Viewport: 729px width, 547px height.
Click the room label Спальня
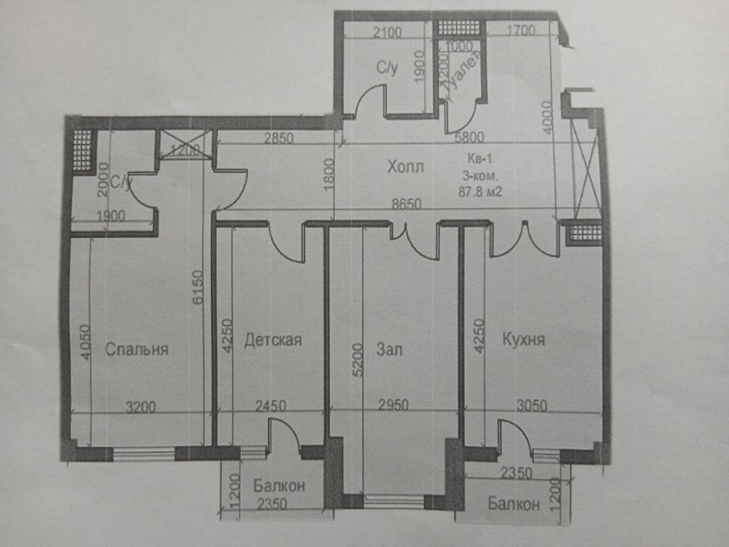tap(136, 349)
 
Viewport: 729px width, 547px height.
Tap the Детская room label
tap(273, 341)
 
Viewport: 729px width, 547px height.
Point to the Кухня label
tap(524, 340)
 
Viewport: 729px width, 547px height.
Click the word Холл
tap(406, 166)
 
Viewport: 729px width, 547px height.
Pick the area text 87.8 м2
tap(481, 191)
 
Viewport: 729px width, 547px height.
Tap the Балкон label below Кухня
tap(513, 505)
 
